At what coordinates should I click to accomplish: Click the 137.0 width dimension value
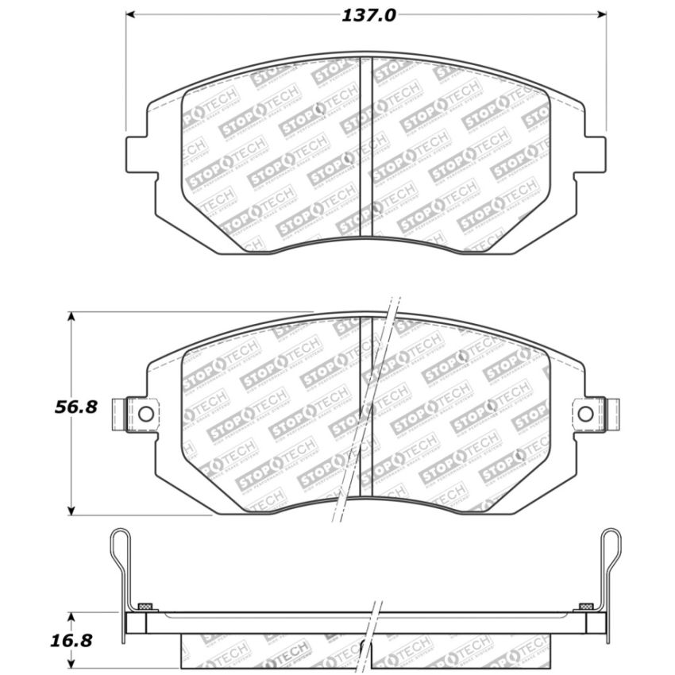pyautogui.click(x=368, y=15)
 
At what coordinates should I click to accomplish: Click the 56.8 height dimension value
pyautogui.click(x=76, y=407)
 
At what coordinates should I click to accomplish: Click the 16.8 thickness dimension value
pyautogui.click(x=76, y=639)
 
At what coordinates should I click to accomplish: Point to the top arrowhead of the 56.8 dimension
pyautogui.click(x=71, y=317)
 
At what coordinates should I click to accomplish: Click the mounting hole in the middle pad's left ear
pyautogui.click(x=145, y=413)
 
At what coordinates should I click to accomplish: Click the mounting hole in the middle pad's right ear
pyautogui.click(x=585, y=413)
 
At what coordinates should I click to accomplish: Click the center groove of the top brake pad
pyautogui.click(x=366, y=147)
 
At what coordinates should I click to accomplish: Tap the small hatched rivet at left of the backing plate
pyautogui.click(x=144, y=607)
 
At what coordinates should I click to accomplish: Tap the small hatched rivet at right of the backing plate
pyautogui.click(x=586, y=607)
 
